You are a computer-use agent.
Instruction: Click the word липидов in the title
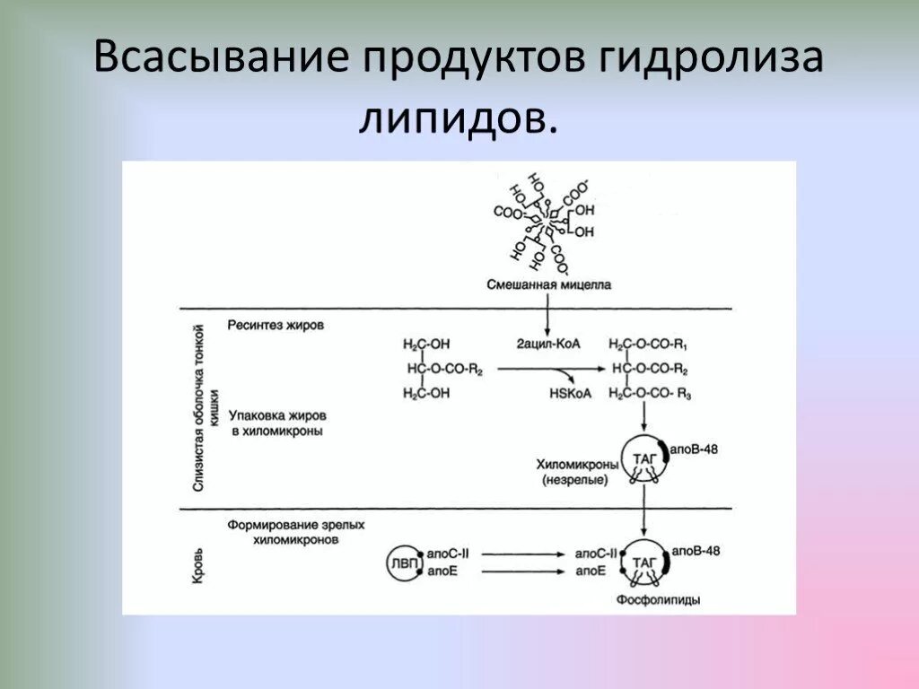click(457, 118)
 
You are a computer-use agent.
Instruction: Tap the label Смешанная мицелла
click(549, 285)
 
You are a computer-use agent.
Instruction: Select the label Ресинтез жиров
click(276, 325)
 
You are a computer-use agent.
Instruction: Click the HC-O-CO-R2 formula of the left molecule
click(445, 369)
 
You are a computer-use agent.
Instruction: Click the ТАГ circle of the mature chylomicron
click(643, 563)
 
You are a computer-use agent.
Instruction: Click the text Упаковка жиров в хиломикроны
click(276, 423)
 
